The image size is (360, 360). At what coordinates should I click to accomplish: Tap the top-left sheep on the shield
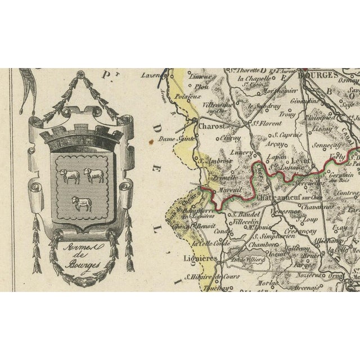[70, 176]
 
